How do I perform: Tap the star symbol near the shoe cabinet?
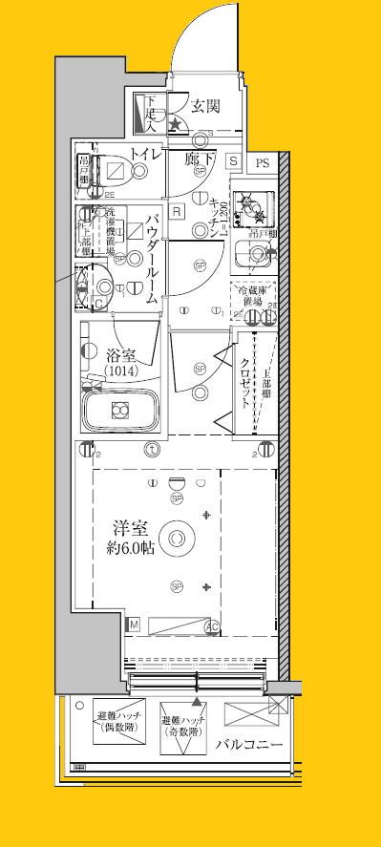pyautogui.click(x=176, y=123)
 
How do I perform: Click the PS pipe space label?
pyautogui.click(x=263, y=163)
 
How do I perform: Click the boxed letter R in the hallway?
pyautogui.click(x=177, y=212)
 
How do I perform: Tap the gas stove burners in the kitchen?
pyautogui.click(x=250, y=202)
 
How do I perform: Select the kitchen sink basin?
pyautogui.click(x=254, y=253)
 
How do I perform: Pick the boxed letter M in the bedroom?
pyautogui.click(x=135, y=625)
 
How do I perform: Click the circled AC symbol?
pyautogui.click(x=213, y=626)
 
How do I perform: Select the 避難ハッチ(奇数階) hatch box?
pyautogui.click(x=183, y=730)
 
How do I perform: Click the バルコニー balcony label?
pyautogui.click(x=249, y=743)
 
